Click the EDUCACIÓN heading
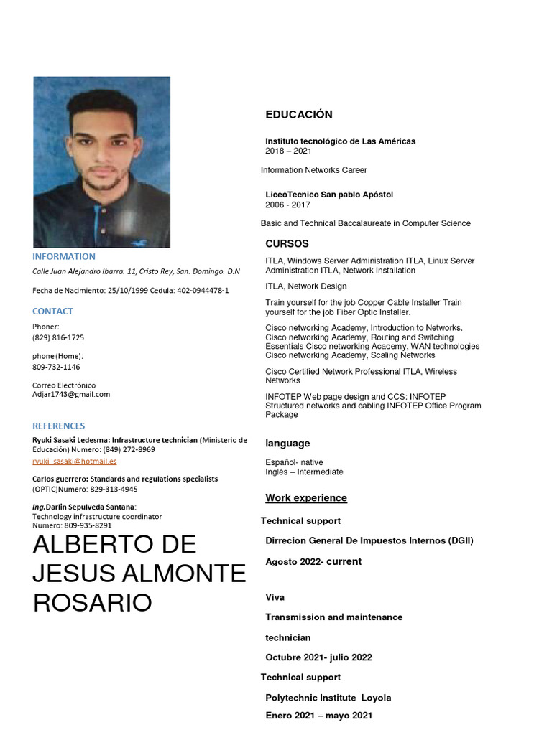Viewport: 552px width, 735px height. pyautogui.click(x=299, y=115)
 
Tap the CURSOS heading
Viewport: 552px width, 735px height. pyautogui.click(x=287, y=244)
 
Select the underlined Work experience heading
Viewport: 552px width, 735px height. pyautogui.click(x=306, y=498)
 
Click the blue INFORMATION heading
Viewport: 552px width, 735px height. pyautogui.click(x=64, y=257)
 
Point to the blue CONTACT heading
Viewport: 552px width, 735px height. pyautogui.click(x=52, y=312)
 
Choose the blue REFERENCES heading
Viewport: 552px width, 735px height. pyautogui.click(x=59, y=426)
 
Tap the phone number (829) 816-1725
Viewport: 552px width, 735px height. pyautogui.click(x=58, y=337)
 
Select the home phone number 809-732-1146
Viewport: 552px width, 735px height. pyautogui.click(x=56, y=367)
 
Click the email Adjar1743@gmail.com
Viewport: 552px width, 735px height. pyautogui.click(x=71, y=395)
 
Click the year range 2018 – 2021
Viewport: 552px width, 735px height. pyautogui.click(x=288, y=151)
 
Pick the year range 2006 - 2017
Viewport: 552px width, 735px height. pyautogui.click(x=287, y=205)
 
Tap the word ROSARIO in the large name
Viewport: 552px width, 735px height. pyautogui.click(x=93, y=603)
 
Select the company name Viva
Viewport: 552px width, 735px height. pyautogui.click(x=275, y=597)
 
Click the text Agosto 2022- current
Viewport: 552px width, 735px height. pyautogui.click(x=313, y=562)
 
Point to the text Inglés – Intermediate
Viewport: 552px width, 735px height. pyautogui.click(x=304, y=472)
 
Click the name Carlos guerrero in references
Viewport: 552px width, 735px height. pyautogui.click(x=61, y=479)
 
